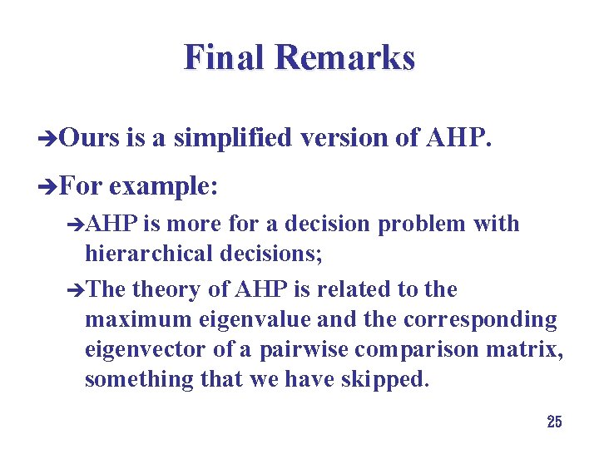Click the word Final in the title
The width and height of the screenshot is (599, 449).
click(x=225, y=58)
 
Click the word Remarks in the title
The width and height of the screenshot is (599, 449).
click(x=344, y=58)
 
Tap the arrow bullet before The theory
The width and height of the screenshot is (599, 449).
click(x=76, y=291)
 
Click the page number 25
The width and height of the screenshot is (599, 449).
click(x=554, y=422)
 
